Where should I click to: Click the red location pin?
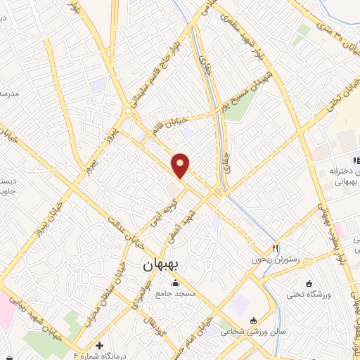(181, 165)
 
